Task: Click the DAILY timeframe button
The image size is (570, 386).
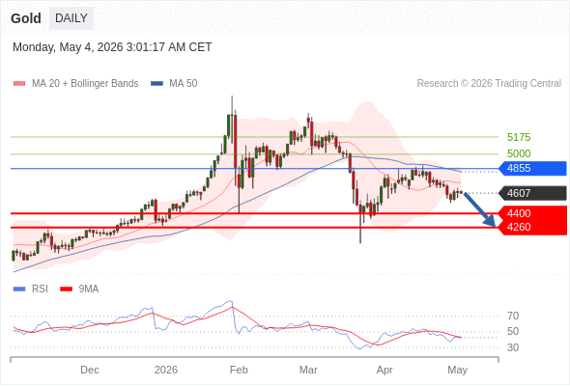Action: click(x=71, y=18)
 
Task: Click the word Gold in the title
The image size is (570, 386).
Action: click(x=26, y=18)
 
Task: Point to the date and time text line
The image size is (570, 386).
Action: click(x=112, y=47)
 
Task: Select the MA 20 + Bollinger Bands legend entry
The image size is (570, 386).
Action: click(x=75, y=84)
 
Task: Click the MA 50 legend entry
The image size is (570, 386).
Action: click(x=174, y=84)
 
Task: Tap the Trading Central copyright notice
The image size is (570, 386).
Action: click(x=489, y=84)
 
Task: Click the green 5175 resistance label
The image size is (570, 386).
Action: click(x=519, y=137)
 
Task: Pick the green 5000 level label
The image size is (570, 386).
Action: click(x=519, y=153)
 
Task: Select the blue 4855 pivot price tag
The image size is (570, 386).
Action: click(x=532, y=169)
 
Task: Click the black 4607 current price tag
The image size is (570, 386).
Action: click(x=532, y=193)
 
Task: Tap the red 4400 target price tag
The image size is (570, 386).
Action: click(x=532, y=213)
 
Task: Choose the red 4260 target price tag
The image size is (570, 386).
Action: click(x=532, y=228)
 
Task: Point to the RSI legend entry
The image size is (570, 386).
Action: click(x=31, y=289)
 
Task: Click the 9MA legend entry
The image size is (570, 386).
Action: click(x=79, y=289)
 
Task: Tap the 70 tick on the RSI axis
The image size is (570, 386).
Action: click(x=513, y=316)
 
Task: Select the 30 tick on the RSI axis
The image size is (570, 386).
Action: click(x=513, y=347)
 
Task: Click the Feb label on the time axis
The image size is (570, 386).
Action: click(x=239, y=370)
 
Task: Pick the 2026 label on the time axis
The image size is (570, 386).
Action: click(x=166, y=370)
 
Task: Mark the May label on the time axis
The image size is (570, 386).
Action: click(x=457, y=371)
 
